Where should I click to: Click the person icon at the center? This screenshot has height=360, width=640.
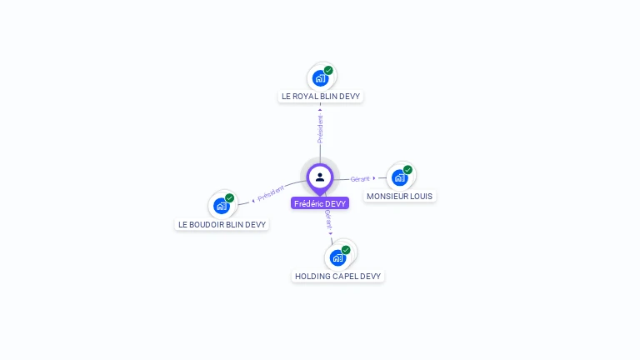(x=320, y=177)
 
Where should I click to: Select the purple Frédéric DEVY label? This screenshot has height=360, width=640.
(x=320, y=203)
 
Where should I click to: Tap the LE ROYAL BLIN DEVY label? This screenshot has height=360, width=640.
(x=321, y=97)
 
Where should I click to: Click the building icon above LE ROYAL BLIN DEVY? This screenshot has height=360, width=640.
(x=320, y=78)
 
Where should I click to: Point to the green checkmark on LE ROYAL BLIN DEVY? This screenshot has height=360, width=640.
(x=328, y=71)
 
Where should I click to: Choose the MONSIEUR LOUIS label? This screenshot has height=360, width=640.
(x=400, y=197)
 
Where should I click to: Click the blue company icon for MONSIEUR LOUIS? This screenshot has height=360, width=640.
(x=400, y=177)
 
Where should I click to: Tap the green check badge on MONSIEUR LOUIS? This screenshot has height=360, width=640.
(x=407, y=170)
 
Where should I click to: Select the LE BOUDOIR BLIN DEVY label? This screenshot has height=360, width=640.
(x=222, y=224)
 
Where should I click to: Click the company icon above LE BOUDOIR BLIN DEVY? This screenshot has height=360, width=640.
(x=221, y=206)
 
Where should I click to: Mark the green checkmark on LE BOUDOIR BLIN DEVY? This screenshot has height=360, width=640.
(x=229, y=198)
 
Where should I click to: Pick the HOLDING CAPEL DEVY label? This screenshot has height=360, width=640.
(x=337, y=276)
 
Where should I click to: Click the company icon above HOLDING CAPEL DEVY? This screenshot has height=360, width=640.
(x=337, y=257)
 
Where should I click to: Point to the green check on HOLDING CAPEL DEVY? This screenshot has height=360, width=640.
(x=346, y=249)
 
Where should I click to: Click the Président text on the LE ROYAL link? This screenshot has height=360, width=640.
(x=320, y=128)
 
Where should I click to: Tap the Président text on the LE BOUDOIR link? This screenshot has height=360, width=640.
(x=271, y=193)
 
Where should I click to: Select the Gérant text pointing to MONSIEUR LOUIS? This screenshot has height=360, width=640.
(x=360, y=178)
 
